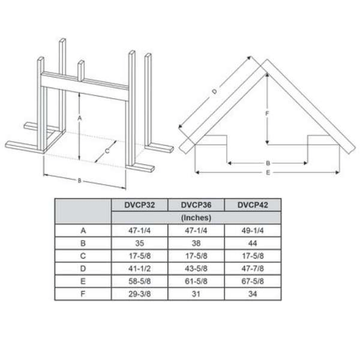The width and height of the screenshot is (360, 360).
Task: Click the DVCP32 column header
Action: coord(139,205)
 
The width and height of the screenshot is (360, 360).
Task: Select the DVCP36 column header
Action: coord(196,205)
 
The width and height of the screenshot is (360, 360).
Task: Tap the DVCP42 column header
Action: coord(253,205)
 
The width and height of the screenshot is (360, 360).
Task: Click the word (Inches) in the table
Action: coord(196,218)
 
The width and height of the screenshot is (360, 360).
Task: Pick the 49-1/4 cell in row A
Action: coord(253,230)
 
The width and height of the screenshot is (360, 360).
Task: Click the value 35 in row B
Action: coord(140,243)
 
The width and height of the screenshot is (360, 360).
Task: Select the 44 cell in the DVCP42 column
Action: coord(253,243)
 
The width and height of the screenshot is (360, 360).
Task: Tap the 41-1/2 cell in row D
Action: coord(140,268)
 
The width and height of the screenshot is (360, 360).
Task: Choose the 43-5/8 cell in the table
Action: coord(196,268)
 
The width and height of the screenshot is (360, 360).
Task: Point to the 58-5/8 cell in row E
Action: coord(140,281)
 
